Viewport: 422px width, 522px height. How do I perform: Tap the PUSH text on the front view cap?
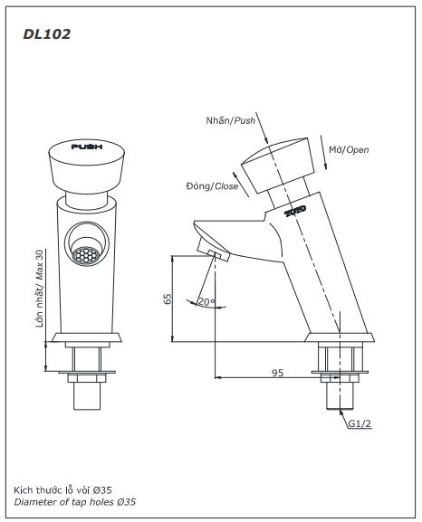(x=86, y=146)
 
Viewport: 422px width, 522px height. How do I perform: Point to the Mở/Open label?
(x=349, y=149)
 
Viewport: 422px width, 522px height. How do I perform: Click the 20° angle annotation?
(x=206, y=301)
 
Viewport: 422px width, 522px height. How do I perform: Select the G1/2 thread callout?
(x=360, y=422)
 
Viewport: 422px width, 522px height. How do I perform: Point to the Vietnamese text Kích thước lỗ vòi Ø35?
(x=63, y=489)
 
